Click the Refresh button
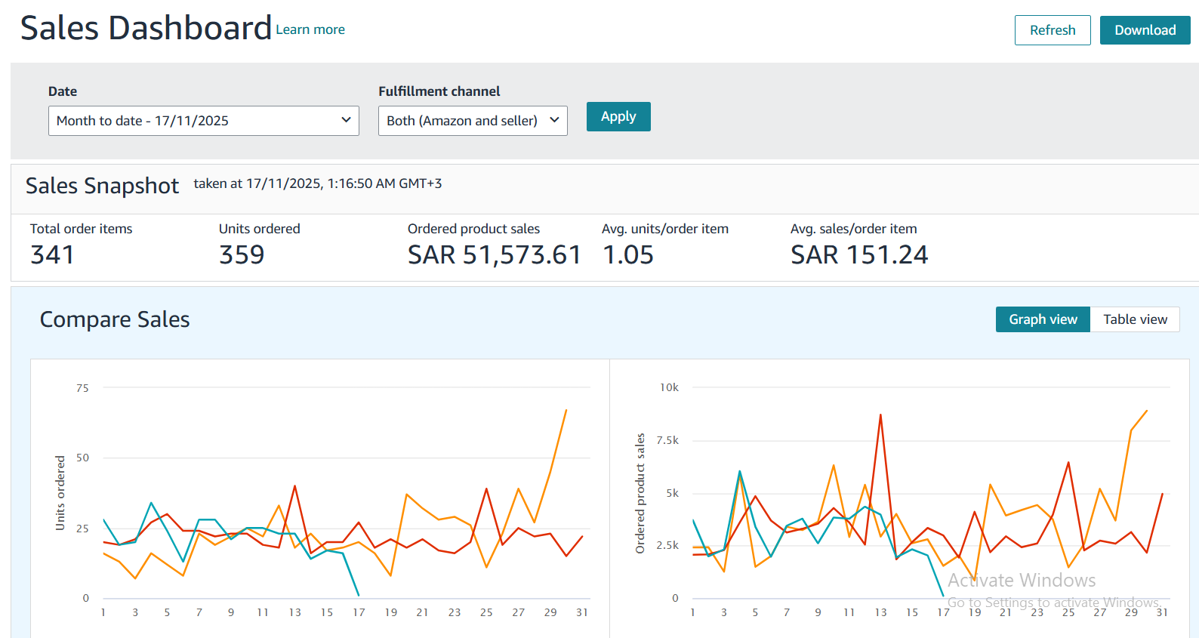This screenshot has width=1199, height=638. click(x=1052, y=30)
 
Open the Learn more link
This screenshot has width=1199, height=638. click(x=310, y=29)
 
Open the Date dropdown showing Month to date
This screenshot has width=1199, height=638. click(x=203, y=121)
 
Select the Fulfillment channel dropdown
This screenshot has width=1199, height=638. click(x=472, y=121)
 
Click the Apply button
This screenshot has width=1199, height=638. click(x=618, y=117)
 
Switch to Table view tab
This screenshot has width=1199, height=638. click(x=1134, y=319)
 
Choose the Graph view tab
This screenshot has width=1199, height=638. click(x=1042, y=319)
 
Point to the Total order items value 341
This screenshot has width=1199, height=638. click(x=52, y=255)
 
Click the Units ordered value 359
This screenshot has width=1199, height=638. click(x=242, y=255)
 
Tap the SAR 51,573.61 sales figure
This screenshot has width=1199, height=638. click(x=494, y=255)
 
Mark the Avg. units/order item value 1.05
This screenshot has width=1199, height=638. click(x=627, y=255)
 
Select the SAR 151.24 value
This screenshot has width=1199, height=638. click(x=858, y=255)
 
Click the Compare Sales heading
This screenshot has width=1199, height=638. click(x=115, y=319)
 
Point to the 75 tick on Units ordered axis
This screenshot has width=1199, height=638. click(x=82, y=388)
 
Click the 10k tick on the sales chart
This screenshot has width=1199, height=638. click(x=669, y=387)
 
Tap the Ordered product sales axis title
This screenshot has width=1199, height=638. click(x=640, y=493)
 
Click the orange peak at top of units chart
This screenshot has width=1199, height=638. click(x=566, y=411)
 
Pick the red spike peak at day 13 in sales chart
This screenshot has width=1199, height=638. click(x=880, y=415)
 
